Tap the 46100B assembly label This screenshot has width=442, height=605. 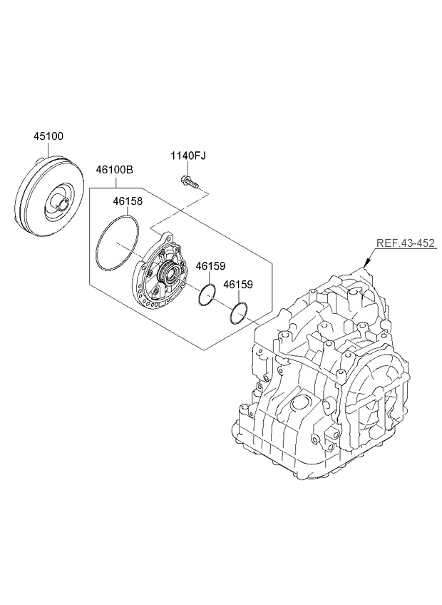click(115, 171)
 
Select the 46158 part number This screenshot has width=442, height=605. click(128, 201)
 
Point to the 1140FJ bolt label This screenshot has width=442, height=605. click(188, 156)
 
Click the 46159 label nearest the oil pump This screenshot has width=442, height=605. click(211, 266)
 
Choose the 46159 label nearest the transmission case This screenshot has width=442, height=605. click(237, 284)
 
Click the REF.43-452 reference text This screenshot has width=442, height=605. click(403, 244)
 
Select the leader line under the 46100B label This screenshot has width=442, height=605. click(114, 183)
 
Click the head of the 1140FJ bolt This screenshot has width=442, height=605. click(185, 178)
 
